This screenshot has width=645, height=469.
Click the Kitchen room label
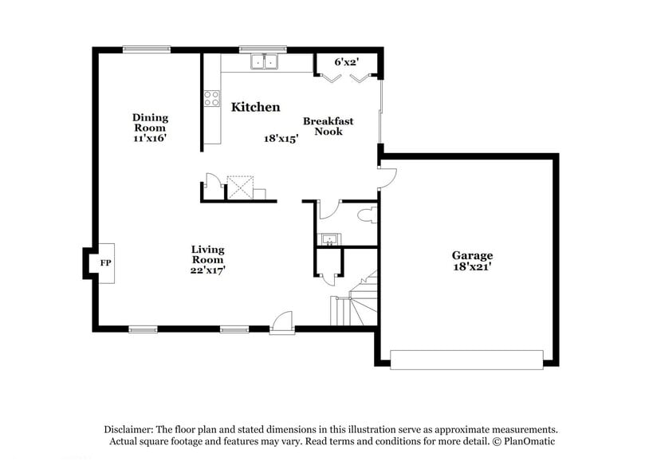tap(255, 107)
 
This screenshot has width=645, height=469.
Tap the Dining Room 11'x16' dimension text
tap(150, 138)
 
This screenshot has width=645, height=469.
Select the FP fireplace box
tap(104, 262)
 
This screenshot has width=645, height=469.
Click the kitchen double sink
tap(263, 61)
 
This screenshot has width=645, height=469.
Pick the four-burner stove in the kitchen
tap(211, 98)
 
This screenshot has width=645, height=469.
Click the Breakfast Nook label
tap(328, 126)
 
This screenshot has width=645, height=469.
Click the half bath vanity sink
tap(328, 238)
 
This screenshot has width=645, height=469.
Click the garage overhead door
tap(466, 360)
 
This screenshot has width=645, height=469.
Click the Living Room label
tap(207, 254)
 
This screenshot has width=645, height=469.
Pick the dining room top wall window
tap(146, 49)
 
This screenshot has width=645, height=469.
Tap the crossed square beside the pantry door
tap(239, 187)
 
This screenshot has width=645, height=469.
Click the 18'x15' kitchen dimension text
tap(281, 138)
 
